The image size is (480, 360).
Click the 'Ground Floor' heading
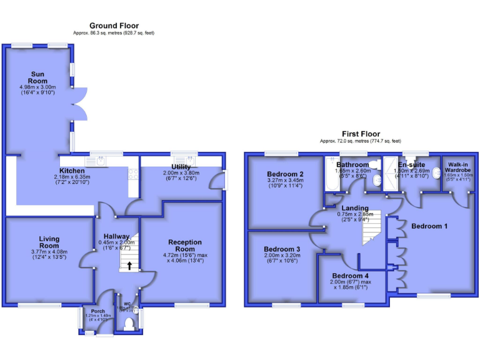114,26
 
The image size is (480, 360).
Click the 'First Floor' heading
361,134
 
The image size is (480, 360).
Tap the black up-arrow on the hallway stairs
129,265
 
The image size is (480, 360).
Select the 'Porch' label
97,311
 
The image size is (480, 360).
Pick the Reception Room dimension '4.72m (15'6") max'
185,255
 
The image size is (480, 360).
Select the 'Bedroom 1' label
429,226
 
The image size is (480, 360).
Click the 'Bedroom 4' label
350,276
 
